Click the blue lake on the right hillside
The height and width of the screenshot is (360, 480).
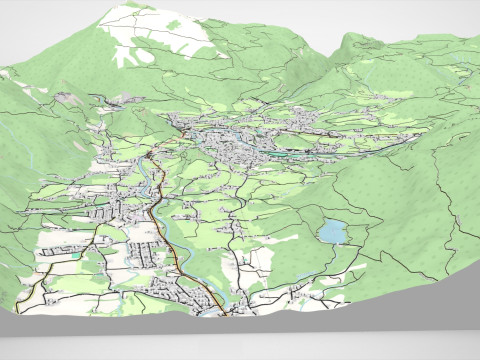click(331, 232)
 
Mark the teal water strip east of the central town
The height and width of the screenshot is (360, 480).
click(290, 155)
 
